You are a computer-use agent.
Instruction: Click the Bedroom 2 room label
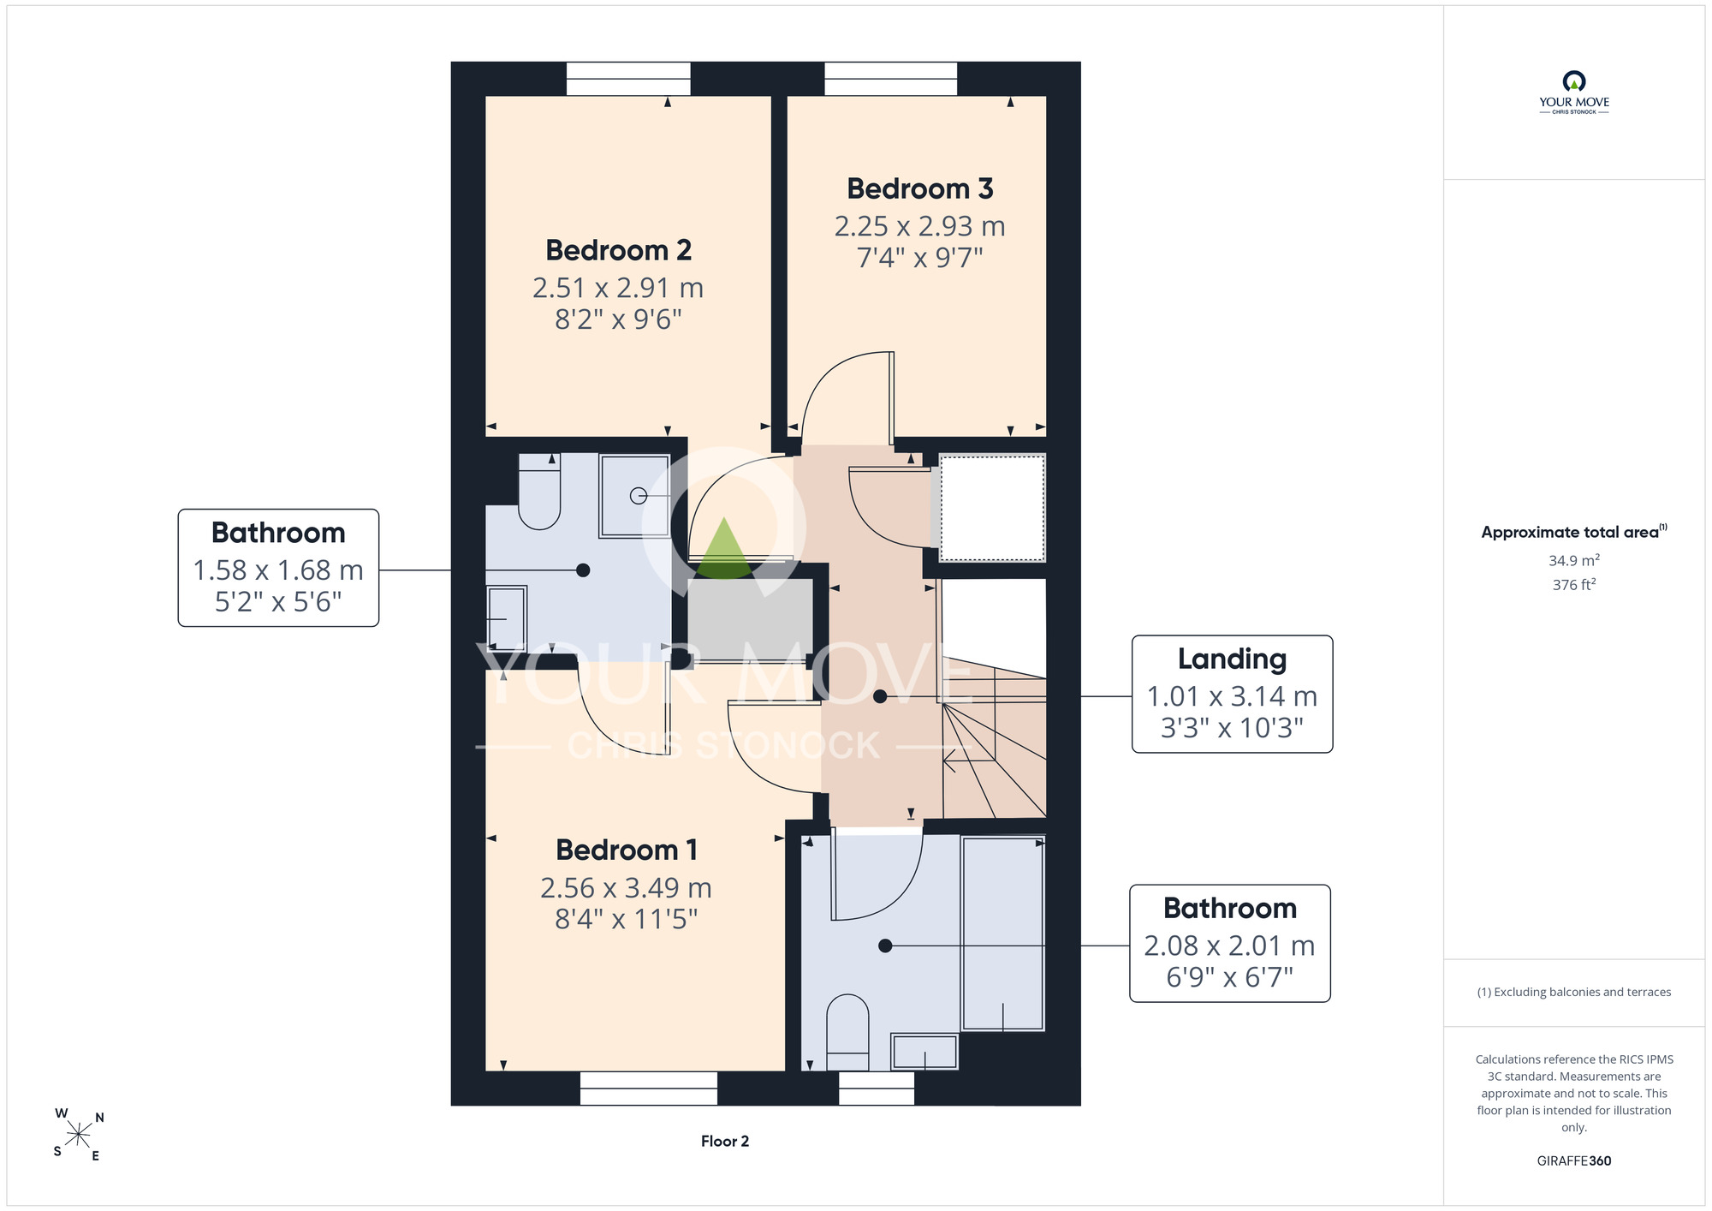pos(618,250)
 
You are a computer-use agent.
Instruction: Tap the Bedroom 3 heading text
pos(920,188)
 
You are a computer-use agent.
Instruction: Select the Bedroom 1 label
pos(627,850)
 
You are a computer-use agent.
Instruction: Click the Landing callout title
pos(1232,659)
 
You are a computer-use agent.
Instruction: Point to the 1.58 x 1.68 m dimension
pos(278,570)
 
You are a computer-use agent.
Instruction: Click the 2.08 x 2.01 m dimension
pos(1229,946)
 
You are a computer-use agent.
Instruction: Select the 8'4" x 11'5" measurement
pos(627,919)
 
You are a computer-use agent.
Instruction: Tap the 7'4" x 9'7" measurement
pos(920,257)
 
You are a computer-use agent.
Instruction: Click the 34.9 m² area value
pos(1574,560)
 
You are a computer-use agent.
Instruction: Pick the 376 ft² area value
pos(1574,584)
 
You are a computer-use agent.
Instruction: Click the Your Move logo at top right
pos(1574,92)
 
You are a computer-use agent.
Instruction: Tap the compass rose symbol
pos(79,1136)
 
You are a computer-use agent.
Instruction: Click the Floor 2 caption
pos(725,1141)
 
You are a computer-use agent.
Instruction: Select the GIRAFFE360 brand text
pos(1574,1161)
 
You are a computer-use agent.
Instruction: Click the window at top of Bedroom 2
pos(628,79)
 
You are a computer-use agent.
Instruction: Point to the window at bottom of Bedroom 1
pos(649,1089)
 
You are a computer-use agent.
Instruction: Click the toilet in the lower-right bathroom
pos(847,1032)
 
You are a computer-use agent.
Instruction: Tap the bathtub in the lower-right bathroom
pos(1002,934)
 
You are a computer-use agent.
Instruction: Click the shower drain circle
pos(638,496)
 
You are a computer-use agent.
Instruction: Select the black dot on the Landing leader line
pos(880,697)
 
